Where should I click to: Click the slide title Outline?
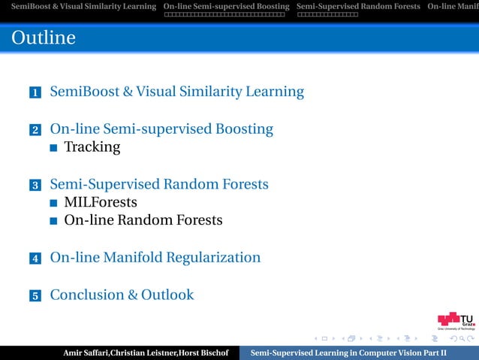tap(44, 38)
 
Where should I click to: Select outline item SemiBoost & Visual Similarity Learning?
tap(176, 92)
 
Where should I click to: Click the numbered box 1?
tap(35, 93)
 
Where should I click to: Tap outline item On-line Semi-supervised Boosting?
tap(161, 129)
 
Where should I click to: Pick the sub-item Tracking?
tap(92, 147)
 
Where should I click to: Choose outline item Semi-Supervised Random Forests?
tap(159, 184)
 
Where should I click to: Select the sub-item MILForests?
tap(101, 202)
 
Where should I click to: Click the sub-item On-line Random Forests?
tap(143, 220)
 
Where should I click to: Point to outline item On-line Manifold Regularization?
tap(155, 258)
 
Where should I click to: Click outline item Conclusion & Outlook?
tap(122, 295)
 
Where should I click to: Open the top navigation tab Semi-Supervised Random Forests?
tap(358, 7)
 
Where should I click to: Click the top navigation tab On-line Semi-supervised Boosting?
tap(226, 7)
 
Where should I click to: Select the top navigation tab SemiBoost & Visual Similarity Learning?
tap(79, 7)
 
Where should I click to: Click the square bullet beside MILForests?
tap(54, 203)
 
